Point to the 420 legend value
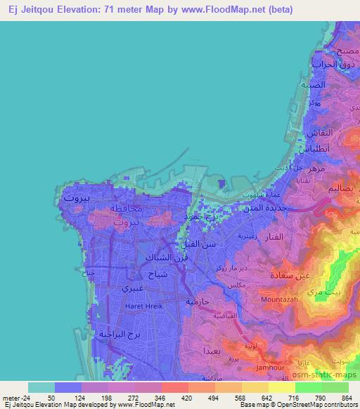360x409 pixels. pos(166,397)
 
